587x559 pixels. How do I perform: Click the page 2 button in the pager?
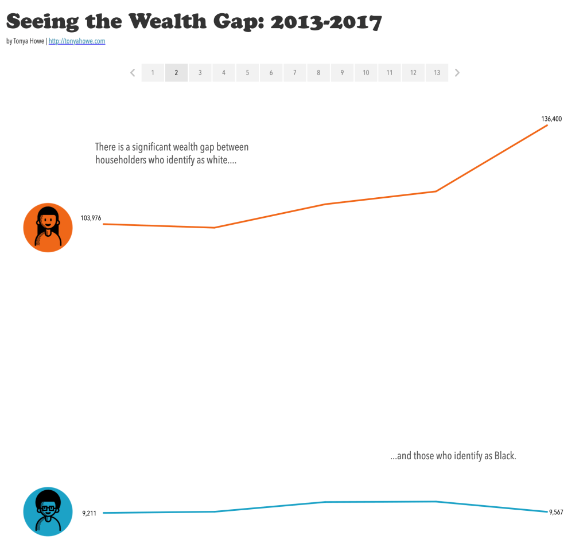click(176, 73)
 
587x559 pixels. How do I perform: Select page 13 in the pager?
click(437, 73)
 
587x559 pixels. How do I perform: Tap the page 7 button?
click(294, 73)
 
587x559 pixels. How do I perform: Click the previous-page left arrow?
click(133, 73)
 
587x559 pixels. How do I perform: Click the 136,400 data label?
click(551, 119)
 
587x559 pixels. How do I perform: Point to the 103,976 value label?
click(91, 218)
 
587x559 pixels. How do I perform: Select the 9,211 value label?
click(89, 514)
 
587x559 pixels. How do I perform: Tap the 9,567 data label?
click(556, 513)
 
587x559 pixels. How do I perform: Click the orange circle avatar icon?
click(48, 228)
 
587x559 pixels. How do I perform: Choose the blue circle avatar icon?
click(48, 512)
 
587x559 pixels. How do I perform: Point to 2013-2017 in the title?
click(325, 22)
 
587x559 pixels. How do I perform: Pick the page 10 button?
click(366, 73)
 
